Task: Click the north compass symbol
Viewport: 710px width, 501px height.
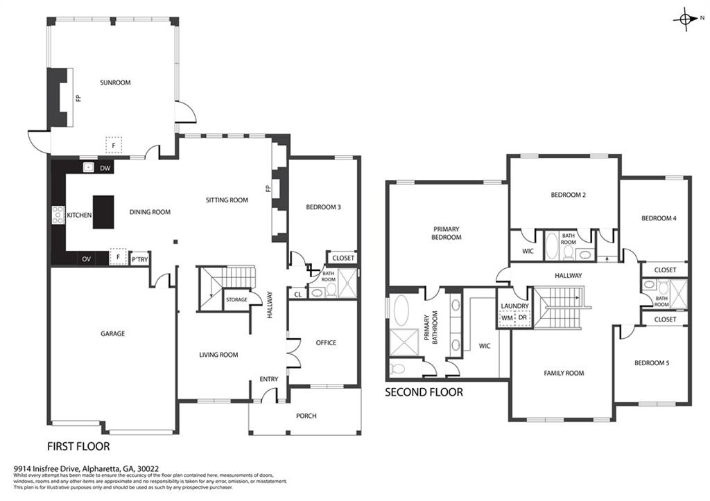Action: [x=686, y=21]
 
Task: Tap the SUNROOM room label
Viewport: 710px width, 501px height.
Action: [x=115, y=82]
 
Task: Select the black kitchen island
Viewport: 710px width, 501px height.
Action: [x=103, y=211]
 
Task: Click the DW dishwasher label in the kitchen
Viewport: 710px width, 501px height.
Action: [x=105, y=168]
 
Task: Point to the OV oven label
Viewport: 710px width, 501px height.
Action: [x=85, y=258]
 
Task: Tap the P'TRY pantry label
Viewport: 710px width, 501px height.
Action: [x=139, y=260]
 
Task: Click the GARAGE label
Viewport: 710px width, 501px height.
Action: [x=113, y=333]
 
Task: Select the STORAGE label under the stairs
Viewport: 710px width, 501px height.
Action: [x=236, y=299]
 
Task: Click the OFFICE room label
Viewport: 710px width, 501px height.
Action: [x=326, y=342]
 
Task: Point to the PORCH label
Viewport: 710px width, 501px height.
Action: [x=306, y=416]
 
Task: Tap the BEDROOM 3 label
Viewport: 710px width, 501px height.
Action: [x=323, y=206]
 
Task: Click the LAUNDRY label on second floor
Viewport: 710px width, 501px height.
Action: [x=515, y=306]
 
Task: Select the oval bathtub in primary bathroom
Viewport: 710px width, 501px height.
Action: [x=401, y=310]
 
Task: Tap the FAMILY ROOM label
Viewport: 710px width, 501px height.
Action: [x=564, y=373]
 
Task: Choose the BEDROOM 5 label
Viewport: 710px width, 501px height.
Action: [x=652, y=362]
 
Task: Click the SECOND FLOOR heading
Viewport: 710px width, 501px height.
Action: [x=424, y=392]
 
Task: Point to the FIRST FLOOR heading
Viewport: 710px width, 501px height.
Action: [x=78, y=446]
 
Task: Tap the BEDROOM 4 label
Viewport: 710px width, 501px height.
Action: [x=658, y=218]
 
